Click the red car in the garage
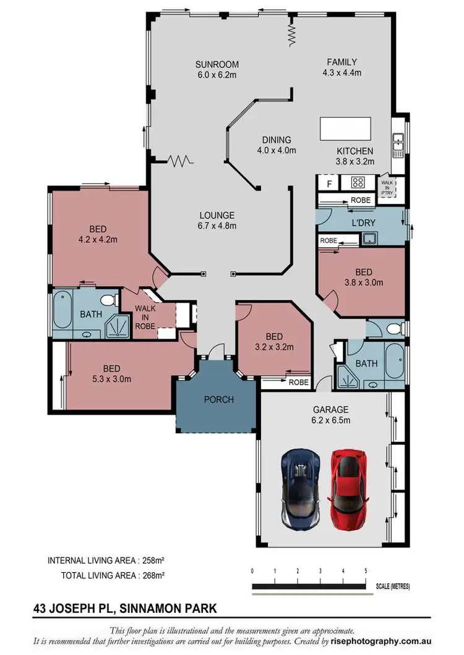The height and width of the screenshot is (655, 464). coord(347,489)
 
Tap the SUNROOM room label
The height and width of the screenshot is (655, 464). coord(217,69)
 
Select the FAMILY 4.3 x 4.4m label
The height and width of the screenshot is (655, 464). coord(342,67)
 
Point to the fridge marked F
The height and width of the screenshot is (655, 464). coord(329,184)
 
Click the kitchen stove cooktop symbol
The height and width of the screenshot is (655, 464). coord(358,183)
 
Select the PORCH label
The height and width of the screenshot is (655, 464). coord(219,400)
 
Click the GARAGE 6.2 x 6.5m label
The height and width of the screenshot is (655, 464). coord(330,415)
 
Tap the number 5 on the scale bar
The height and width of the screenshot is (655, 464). coord(366,571)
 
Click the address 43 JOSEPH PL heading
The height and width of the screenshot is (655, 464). coord(125,609)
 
